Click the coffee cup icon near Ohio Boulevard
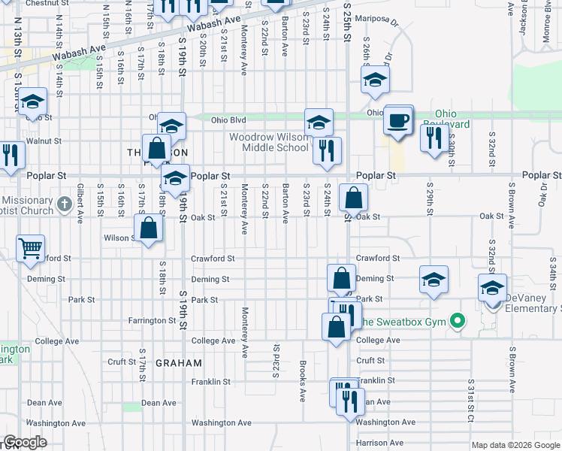tap(397, 120)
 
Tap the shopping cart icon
tap(30, 248)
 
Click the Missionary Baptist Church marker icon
tap(65, 203)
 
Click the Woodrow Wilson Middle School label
tap(269, 142)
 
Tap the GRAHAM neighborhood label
tap(179, 363)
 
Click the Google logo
tap(26, 442)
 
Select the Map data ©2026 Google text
tap(515, 445)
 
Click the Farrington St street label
tap(152, 321)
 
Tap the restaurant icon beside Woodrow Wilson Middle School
tap(327, 150)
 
